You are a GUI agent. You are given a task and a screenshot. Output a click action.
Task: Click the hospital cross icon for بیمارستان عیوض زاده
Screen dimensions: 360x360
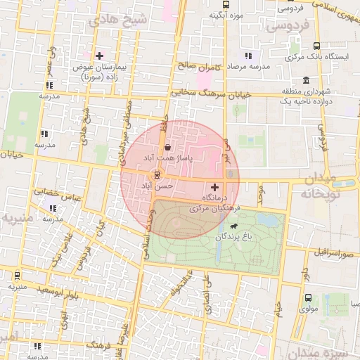(x=99, y=56)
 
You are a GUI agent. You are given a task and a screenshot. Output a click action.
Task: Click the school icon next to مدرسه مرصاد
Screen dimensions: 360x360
(x=247, y=55)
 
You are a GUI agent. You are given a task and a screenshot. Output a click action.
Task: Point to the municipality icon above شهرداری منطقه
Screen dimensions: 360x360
(x=306, y=80)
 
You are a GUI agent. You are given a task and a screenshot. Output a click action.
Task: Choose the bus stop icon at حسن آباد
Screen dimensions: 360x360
(x=156, y=174)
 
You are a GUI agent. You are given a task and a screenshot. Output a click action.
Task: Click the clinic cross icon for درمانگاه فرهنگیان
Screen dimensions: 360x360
(x=215, y=188)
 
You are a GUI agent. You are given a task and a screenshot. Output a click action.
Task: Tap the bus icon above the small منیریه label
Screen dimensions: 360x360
(x=17, y=276)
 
